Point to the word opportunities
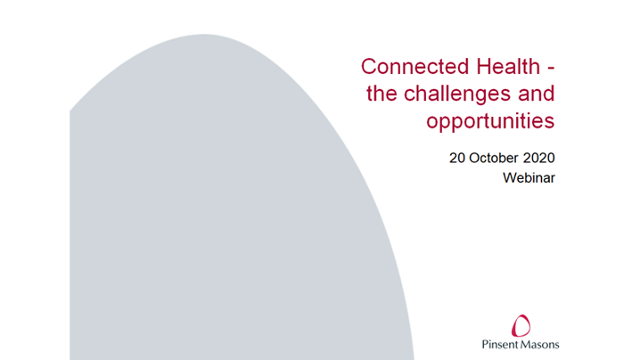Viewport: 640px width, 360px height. coord(489,120)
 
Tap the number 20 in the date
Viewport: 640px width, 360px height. coord(457,159)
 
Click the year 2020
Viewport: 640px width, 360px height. coord(539,159)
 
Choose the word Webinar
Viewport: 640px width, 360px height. coord(529,177)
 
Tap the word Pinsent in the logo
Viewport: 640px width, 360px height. coord(502,344)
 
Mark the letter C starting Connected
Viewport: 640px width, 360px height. coord(368,67)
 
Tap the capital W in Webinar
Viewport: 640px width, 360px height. coord(509,177)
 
